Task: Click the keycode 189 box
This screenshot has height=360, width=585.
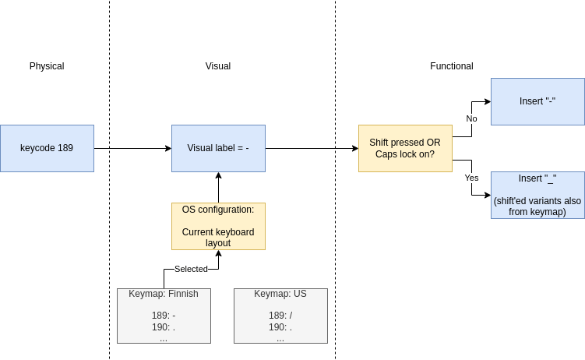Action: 47,149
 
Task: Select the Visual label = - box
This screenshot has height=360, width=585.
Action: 218,149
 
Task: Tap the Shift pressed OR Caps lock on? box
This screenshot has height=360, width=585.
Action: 405,149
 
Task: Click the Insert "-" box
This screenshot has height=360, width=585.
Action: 537,101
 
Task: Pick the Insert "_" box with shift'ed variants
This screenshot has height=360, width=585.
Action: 537,195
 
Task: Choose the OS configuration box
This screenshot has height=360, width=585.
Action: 218,227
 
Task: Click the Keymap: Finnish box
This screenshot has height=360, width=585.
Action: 164,316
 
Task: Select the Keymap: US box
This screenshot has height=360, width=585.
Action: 280,316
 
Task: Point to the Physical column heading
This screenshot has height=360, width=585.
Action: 47,66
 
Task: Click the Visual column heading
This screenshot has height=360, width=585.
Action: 218,66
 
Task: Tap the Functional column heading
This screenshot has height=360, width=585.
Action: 452,66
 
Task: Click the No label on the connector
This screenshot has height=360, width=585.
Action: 471,118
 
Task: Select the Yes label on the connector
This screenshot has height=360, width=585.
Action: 471,178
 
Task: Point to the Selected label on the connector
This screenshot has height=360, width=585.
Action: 191,269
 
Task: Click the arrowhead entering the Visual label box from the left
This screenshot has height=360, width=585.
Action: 168,149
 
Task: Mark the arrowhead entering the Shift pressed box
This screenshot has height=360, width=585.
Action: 355,149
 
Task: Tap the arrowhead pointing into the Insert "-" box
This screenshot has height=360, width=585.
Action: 488,101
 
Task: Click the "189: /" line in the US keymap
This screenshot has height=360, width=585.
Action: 280,316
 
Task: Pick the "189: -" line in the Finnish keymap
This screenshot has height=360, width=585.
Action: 164,316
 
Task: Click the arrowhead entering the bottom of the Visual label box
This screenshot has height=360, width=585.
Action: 218,175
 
